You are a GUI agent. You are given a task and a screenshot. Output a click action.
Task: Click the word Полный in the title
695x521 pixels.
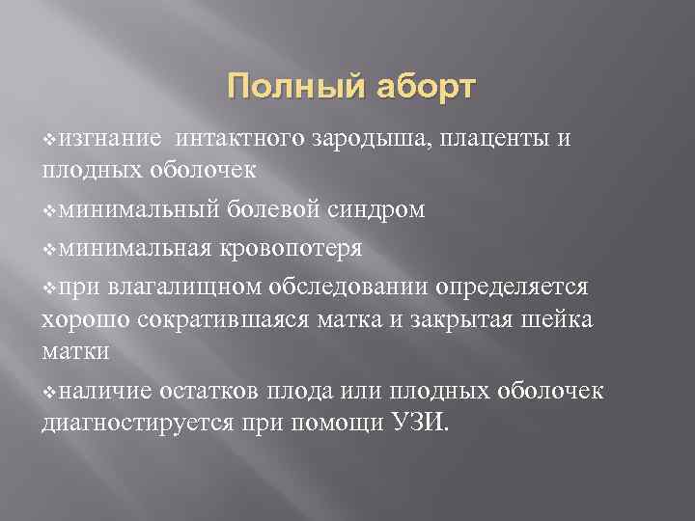pos(283,89)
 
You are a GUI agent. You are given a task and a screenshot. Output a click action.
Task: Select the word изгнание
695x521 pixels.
pos(107,138)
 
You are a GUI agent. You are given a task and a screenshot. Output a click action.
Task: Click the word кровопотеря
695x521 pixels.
pos(293,248)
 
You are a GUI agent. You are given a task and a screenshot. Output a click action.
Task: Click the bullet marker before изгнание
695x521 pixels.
pos(50,139)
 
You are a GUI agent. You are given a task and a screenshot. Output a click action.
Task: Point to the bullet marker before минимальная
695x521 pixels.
pos(50,249)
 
